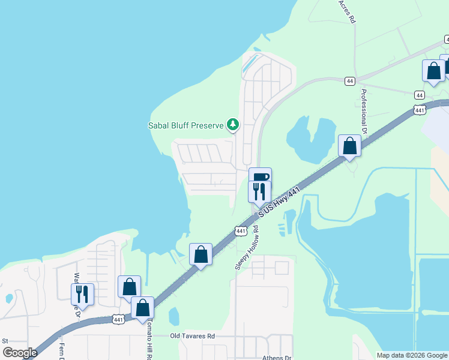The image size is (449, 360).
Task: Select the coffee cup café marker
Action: point(261,178)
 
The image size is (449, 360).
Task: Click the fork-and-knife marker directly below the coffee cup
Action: point(260,191)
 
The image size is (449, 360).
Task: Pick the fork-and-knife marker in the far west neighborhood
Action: point(83,294)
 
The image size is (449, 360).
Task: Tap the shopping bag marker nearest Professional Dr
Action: point(349,146)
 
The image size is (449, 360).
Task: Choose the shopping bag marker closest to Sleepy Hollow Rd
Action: point(201,254)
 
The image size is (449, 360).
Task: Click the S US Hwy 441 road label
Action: point(279,202)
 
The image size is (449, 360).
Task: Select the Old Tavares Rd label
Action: point(192,337)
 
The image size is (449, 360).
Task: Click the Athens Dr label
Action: point(276,358)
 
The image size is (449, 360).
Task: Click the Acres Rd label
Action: point(347,11)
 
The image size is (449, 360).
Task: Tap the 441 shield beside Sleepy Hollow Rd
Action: point(240,231)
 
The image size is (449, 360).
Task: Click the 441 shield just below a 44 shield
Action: point(420,110)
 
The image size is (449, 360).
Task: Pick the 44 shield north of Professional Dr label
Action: point(349,81)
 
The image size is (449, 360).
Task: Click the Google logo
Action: point(20,353)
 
